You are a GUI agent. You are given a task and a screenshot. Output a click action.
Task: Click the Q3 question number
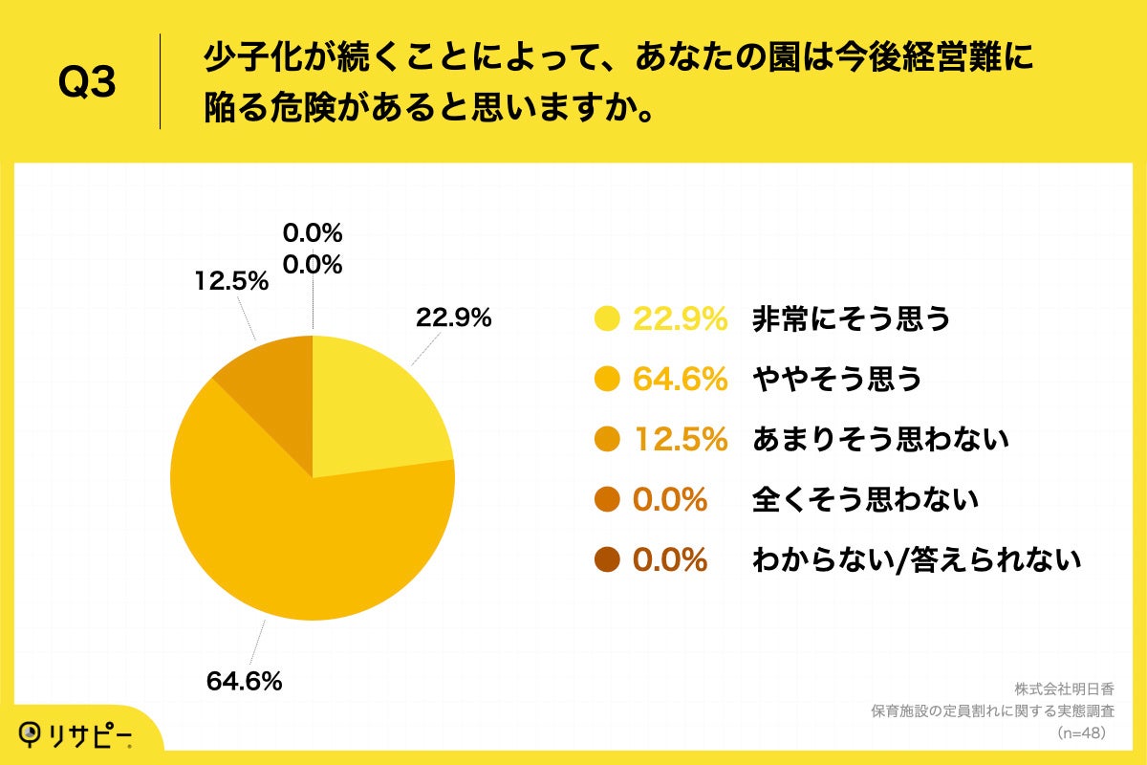(x=87, y=83)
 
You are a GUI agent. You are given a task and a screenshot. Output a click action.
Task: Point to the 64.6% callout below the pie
(x=244, y=681)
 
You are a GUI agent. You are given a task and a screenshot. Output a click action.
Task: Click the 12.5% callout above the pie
(x=231, y=283)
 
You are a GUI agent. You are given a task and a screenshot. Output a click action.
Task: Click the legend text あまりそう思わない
(x=880, y=439)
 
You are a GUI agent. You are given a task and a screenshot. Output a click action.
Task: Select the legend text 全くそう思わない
(x=865, y=499)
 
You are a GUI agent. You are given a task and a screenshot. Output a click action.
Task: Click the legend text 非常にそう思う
(x=851, y=319)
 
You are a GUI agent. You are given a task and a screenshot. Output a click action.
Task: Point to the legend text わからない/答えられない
(x=917, y=559)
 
